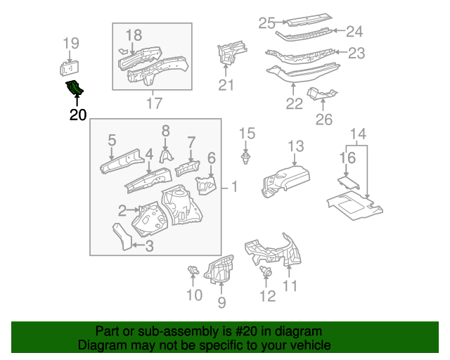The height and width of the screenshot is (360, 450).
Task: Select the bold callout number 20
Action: click(x=77, y=115)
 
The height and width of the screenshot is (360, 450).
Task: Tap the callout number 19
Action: click(x=71, y=44)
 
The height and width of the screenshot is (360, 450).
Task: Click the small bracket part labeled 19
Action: click(x=70, y=67)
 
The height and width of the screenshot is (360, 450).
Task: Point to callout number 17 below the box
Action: click(x=153, y=103)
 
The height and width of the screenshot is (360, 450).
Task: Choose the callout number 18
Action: click(x=134, y=34)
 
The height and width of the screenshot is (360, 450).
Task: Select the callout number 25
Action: click(x=266, y=23)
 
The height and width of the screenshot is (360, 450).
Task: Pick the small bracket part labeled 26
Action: click(x=323, y=94)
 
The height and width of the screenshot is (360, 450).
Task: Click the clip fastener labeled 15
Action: click(x=245, y=158)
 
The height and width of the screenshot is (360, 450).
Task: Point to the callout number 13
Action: click(x=295, y=146)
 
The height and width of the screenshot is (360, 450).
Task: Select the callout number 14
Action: click(x=358, y=134)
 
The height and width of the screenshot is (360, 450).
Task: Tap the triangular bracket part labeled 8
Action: click(x=166, y=155)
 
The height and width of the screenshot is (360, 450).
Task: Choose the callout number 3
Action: click(x=149, y=245)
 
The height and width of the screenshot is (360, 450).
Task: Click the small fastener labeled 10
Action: click(x=193, y=271)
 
